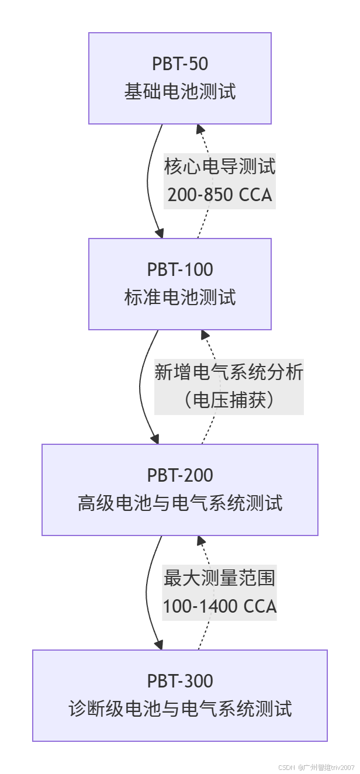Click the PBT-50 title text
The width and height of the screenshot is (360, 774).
point(180,64)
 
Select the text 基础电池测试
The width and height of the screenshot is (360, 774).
point(180,92)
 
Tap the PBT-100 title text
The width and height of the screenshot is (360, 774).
point(180,269)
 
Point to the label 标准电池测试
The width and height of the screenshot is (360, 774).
point(180,298)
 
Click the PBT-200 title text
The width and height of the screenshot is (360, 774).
point(180,475)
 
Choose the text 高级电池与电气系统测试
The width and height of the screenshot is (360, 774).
point(180,503)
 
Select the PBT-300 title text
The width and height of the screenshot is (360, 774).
point(180,681)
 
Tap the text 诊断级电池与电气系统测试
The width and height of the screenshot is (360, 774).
point(180,709)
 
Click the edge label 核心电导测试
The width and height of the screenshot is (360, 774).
point(220,167)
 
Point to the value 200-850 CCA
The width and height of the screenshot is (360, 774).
point(220,195)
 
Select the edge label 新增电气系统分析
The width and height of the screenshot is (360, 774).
point(229,372)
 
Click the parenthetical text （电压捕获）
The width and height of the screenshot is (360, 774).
point(229,400)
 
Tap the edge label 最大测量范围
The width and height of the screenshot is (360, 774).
point(220,578)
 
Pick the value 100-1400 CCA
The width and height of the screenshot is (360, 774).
point(220,606)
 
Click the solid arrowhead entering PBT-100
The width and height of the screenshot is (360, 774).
point(158,233)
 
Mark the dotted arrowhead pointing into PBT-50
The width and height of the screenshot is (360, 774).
point(200,129)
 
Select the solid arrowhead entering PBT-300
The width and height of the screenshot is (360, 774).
point(158,645)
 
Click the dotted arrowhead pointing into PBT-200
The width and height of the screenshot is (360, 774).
point(200,541)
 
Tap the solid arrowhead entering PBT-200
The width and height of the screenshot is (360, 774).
point(155,439)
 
